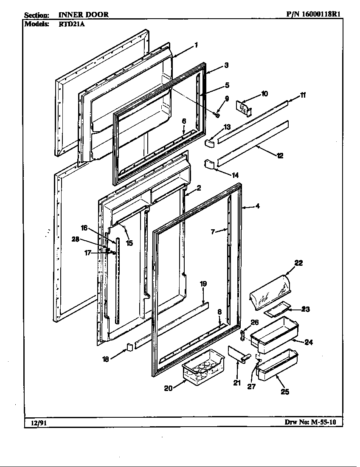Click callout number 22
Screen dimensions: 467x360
pos(298,263)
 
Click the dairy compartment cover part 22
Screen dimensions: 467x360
pos(270,292)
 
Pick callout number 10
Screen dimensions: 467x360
pos(264,94)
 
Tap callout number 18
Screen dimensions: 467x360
pos(106,359)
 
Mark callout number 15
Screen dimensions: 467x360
pos(129,243)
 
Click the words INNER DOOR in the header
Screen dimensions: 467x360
pos(83,14)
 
